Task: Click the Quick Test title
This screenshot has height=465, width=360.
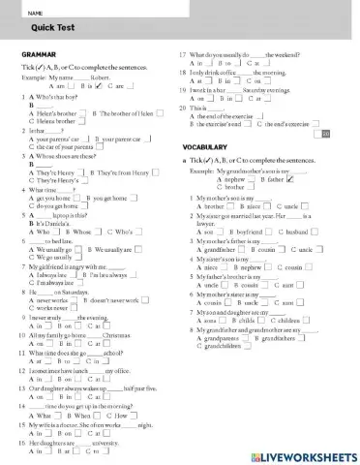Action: tap(38, 27)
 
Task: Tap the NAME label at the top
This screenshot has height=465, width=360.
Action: tap(36, 11)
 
